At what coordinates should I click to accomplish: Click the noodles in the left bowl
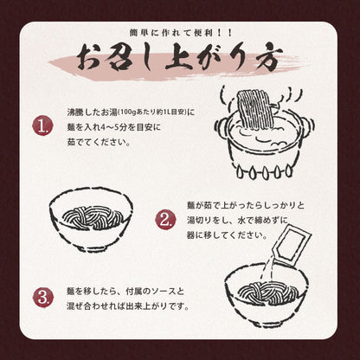point(91,213)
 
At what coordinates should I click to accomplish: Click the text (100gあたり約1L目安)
point(151,113)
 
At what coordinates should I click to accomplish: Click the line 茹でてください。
point(99,143)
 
